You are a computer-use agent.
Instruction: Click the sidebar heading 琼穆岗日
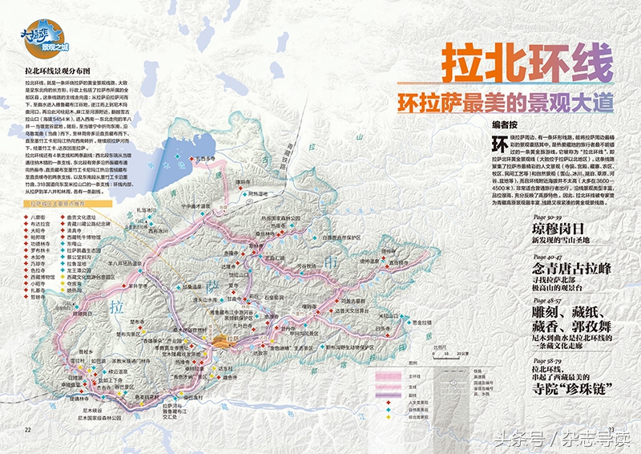pos(558,229)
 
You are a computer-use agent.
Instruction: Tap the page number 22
pos(27,430)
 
